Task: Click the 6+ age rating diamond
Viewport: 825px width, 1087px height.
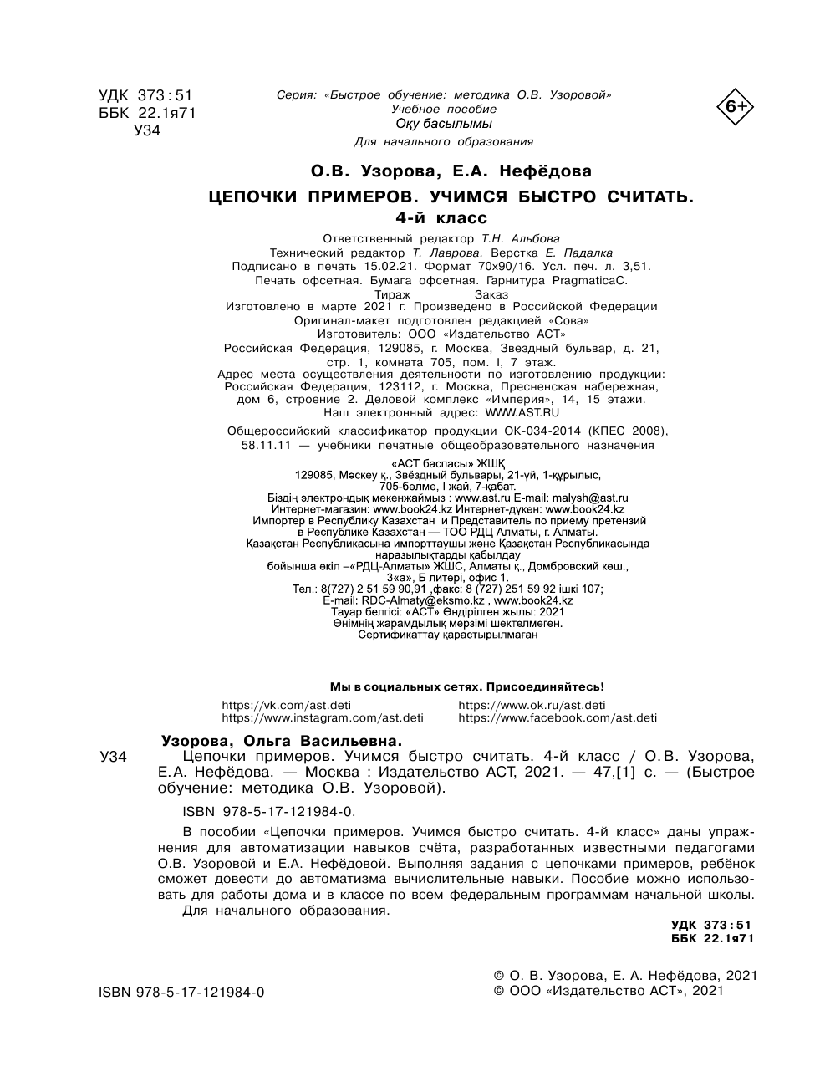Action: click(735, 106)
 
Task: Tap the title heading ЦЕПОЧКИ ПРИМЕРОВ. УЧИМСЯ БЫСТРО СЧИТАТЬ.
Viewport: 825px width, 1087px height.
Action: click(451, 197)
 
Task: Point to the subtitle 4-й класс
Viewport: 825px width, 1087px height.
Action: click(451, 218)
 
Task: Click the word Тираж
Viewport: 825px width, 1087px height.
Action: click(392, 294)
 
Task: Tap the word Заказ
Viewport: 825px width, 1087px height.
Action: click(491, 294)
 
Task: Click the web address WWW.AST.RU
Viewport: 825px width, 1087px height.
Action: click(522, 412)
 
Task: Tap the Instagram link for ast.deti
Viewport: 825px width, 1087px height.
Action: click(322, 717)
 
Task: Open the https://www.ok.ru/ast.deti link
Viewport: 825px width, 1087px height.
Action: click(532, 705)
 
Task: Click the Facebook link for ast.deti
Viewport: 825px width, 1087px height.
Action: click(558, 717)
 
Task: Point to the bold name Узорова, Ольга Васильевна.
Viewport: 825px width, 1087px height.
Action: click(281, 740)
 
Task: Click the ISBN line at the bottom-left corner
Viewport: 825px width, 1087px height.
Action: click(181, 992)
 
